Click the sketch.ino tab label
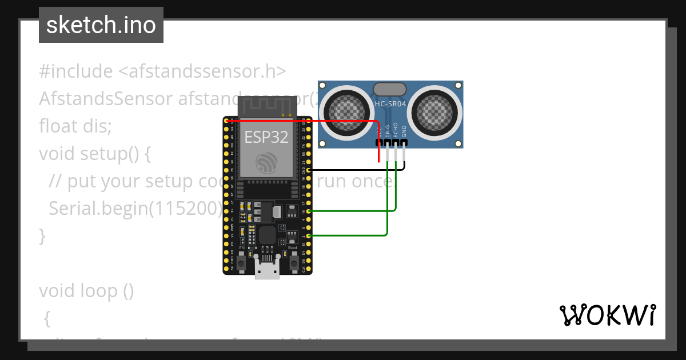[x=101, y=25]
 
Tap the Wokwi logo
[x=607, y=315]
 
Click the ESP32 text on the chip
[x=266, y=137]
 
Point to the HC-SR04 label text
[x=390, y=103]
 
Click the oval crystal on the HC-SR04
[x=390, y=89]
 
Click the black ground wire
[x=354, y=170]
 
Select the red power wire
[x=303, y=121]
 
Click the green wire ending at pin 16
[x=354, y=211]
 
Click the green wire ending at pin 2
[x=349, y=235]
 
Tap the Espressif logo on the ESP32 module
[x=266, y=164]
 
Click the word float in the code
[x=55, y=126]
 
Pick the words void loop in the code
[x=79, y=291]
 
